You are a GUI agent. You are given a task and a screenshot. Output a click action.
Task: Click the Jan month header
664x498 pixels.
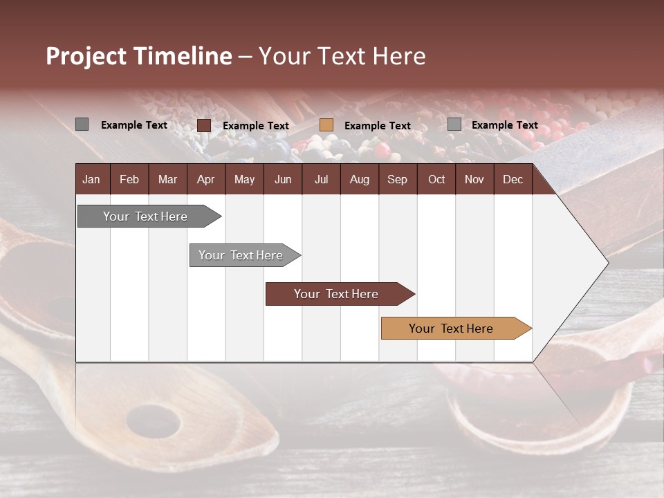coord(91,179)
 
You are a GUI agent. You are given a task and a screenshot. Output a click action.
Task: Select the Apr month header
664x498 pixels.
coord(205,179)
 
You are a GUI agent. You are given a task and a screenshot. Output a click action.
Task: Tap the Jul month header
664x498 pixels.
coord(321,179)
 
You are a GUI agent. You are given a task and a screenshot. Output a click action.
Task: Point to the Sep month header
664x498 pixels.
coord(397,179)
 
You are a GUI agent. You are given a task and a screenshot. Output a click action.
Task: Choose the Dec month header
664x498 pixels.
coord(513,179)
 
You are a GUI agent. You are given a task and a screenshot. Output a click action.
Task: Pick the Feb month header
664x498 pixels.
coord(129,179)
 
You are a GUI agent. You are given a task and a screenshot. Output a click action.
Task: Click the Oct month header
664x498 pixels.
coord(436,179)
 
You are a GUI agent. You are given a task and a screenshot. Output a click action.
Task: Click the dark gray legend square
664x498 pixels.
coord(82,124)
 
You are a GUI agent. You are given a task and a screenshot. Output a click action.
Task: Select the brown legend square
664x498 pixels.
coord(203,125)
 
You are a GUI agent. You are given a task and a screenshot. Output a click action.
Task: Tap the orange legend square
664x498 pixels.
coord(326,125)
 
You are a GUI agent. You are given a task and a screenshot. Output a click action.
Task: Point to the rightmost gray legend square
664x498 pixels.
coord(454,124)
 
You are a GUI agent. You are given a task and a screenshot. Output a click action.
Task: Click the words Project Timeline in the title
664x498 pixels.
coord(138,56)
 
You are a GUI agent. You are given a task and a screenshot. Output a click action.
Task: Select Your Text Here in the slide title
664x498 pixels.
coord(342,56)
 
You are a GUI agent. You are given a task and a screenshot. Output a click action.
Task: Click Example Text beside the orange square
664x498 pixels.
coord(377,126)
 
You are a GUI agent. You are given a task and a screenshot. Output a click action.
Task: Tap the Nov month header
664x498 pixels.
coord(474,179)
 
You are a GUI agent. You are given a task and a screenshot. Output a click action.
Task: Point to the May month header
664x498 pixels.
coord(244,179)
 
